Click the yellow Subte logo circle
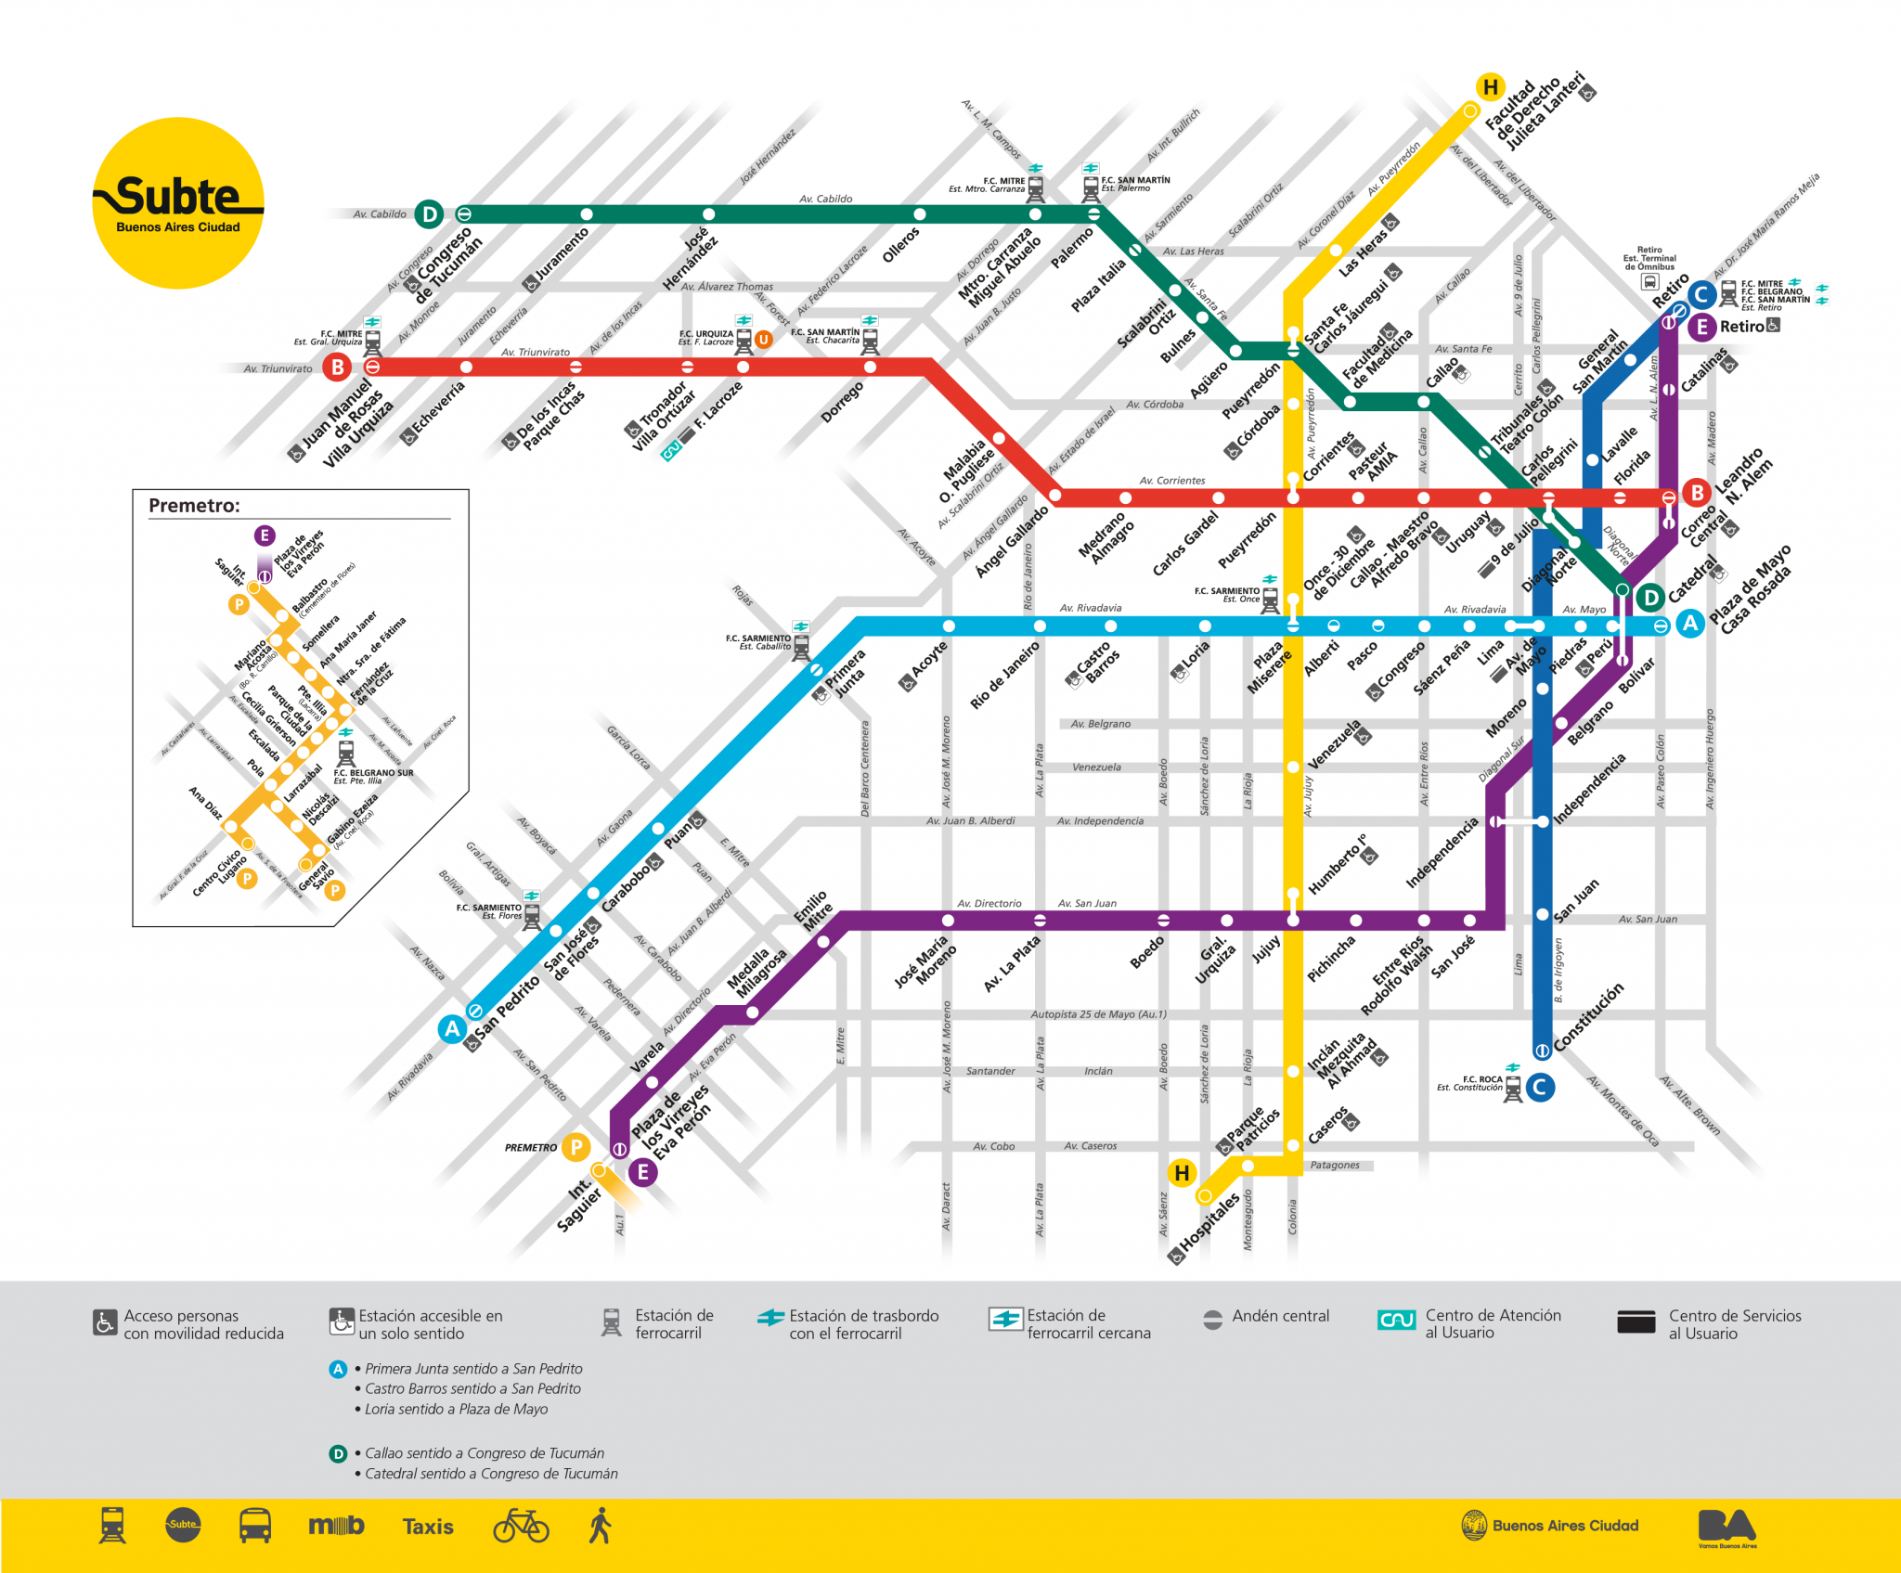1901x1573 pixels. (178, 202)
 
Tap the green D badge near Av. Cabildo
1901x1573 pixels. (429, 214)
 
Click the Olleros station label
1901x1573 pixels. (900, 245)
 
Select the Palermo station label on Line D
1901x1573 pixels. (1072, 249)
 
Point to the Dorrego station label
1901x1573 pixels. (842, 402)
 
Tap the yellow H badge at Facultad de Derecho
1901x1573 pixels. (1490, 87)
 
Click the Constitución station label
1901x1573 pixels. (1589, 1016)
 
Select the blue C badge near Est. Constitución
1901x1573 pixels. (1540, 1087)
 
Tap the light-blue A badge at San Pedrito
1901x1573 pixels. (452, 1028)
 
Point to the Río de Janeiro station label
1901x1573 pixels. (1004, 675)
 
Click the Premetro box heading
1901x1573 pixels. (194, 506)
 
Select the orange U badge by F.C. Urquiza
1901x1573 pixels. (763, 340)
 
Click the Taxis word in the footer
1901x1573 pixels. (428, 1527)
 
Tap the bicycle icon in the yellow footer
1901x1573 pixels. (521, 1526)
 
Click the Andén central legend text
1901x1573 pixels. (1280, 1316)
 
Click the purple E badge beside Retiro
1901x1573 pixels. (1701, 327)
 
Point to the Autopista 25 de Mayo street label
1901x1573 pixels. (1098, 1014)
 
